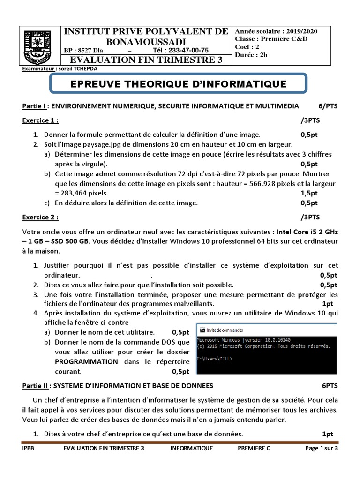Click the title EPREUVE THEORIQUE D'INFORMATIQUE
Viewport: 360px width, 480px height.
coord(178,84)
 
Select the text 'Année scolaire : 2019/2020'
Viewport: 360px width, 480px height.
coord(276,31)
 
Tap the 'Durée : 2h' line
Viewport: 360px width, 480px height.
coord(252,55)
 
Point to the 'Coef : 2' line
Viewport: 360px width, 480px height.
coord(248,47)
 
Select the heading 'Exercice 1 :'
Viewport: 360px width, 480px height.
coord(40,120)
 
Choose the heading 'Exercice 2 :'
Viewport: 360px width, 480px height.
coord(40,217)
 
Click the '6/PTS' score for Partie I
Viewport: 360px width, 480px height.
coord(328,106)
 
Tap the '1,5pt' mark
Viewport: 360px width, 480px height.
coord(309,193)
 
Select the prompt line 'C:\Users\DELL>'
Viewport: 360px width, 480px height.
coord(215,359)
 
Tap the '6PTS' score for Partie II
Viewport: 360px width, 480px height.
coord(330,386)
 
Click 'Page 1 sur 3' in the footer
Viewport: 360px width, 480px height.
coord(321,448)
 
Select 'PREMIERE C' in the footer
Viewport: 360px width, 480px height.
coord(254,448)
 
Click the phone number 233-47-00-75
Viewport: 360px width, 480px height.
coord(181,51)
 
